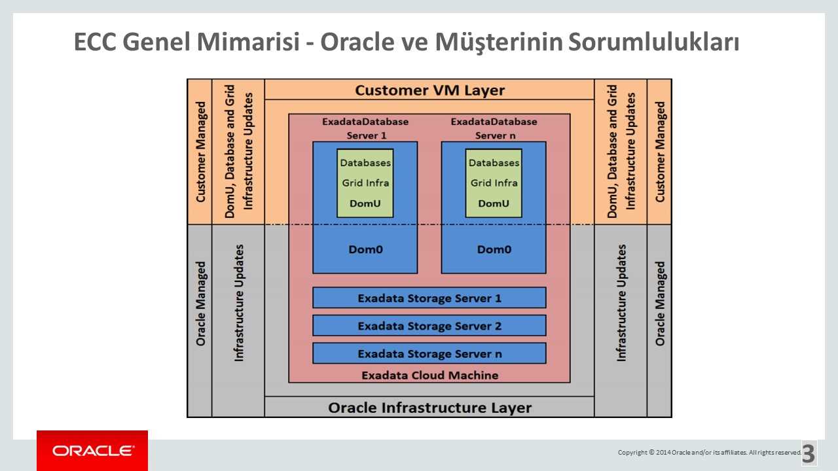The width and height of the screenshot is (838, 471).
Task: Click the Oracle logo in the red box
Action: (x=92, y=451)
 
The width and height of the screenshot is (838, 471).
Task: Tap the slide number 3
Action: (x=809, y=453)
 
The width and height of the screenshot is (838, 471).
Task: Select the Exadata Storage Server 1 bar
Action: (x=429, y=298)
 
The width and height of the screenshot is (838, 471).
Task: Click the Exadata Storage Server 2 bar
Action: (x=429, y=326)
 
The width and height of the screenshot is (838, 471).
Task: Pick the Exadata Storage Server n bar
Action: (x=429, y=354)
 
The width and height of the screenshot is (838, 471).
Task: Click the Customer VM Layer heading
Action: (x=429, y=90)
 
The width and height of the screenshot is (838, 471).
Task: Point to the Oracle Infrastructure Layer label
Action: (x=429, y=408)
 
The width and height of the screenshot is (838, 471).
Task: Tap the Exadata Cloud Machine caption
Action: (x=429, y=375)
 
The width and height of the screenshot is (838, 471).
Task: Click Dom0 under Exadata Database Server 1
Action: (x=365, y=249)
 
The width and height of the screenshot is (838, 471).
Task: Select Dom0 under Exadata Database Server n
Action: (x=494, y=249)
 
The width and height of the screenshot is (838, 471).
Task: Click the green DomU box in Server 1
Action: (x=365, y=183)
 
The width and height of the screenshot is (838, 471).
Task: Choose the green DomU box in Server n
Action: (x=494, y=183)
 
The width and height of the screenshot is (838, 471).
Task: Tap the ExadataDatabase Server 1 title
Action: (x=365, y=128)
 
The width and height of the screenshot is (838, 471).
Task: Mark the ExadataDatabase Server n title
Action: (x=494, y=128)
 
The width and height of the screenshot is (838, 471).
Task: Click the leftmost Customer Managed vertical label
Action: (x=200, y=152)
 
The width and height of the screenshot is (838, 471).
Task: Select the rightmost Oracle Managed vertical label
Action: (x=660, y=304)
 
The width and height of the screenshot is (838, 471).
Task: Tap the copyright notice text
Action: (x=709, y=452)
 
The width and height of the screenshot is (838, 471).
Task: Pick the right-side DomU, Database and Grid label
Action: (x=621, y=152)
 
